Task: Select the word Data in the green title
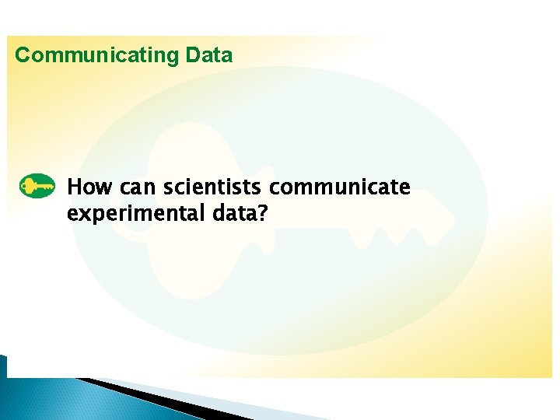coord(208,55)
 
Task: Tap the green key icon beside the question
coord(37,187)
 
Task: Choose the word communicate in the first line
coord(340,188)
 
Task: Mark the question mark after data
coord(261,213)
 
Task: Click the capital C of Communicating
coord(23,55)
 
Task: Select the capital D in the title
coord(193,55)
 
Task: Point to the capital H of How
coord(74,187)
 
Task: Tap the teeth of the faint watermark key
coord(389,233)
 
